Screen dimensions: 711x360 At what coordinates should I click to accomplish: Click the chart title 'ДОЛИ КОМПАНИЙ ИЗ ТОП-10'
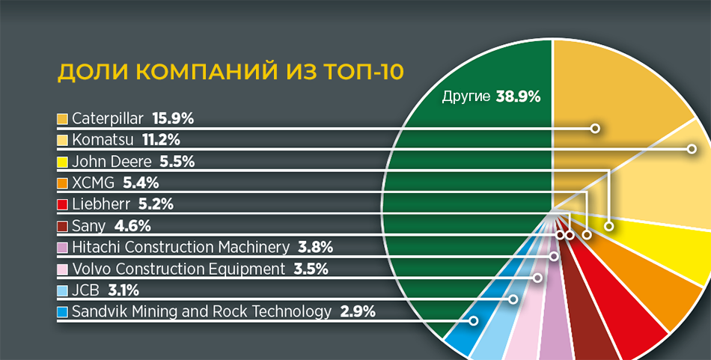[231, 73]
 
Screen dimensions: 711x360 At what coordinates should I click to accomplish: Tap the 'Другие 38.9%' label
[491, 97]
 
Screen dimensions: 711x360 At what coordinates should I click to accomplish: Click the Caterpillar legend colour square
[62, 119]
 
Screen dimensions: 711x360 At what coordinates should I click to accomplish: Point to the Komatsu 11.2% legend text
[126, 140]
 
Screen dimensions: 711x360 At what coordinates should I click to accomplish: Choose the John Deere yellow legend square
[62, 162]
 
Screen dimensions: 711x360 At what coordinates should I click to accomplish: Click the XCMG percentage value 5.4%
[141, 183]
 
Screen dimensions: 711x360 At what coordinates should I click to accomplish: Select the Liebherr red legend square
[62, 204]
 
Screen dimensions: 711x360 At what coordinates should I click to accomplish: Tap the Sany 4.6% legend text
[112, 225]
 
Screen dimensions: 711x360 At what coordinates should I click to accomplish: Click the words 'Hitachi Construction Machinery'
[180, 247]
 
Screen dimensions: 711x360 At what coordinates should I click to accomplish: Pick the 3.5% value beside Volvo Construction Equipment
[311, 269]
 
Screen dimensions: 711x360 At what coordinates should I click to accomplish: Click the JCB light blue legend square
[62, 290]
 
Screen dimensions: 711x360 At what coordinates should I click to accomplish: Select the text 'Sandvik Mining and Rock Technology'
[202, 312]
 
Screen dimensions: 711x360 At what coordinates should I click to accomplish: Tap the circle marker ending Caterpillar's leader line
[596, 129]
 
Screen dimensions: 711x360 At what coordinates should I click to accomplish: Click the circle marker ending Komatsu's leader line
[692, 149]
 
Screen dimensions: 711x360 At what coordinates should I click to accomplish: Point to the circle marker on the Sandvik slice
[474, 321]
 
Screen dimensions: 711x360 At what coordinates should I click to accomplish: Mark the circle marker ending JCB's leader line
[513, 299]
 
